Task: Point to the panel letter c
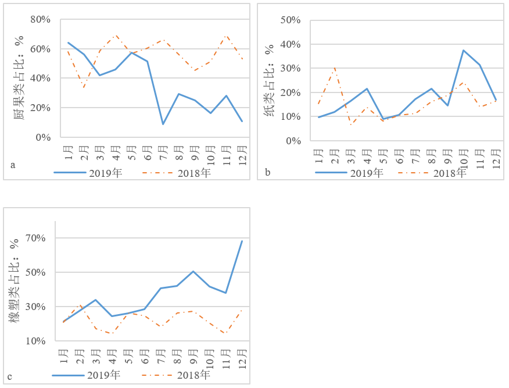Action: (10, 376)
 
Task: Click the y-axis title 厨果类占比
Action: (20, 79)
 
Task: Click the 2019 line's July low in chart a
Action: (163, 124)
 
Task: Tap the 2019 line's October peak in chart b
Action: (463, 50)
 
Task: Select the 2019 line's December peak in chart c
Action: (242, 241)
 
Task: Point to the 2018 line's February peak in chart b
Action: (335, 69)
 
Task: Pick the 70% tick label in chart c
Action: (36, 238)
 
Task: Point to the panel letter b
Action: (267, 172)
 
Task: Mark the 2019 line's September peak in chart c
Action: (193, 271)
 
